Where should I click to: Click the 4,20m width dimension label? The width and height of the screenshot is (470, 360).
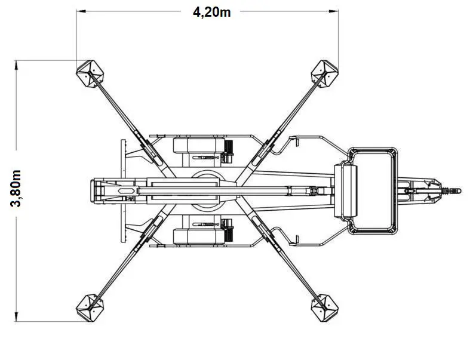pos(211,13)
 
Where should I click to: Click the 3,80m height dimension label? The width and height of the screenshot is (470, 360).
pos(16,189)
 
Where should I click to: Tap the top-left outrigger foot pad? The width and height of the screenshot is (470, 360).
pos(90,74)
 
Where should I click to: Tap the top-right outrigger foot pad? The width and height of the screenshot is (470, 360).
pos(324,74)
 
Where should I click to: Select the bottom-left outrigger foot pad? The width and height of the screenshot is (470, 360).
pos(90,308)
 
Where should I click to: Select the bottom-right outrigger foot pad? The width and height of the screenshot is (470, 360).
pos(324,308)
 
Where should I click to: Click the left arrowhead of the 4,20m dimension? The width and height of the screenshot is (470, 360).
pos(81,11)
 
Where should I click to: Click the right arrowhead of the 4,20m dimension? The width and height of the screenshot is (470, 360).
pos(334,11)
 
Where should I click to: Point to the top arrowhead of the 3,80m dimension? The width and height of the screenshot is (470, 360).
pos(16,65)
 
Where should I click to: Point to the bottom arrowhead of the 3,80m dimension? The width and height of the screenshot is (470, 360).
pos(16,316)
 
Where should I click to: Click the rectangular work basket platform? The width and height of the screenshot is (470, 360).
pos(373,190)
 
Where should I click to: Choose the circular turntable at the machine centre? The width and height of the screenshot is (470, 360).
pos(207,190)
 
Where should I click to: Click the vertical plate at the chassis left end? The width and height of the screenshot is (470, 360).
pos(123,190)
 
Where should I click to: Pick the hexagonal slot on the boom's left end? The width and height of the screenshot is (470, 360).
pos(127,190)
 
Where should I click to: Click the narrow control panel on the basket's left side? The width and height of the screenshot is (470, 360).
pos(346,190)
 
